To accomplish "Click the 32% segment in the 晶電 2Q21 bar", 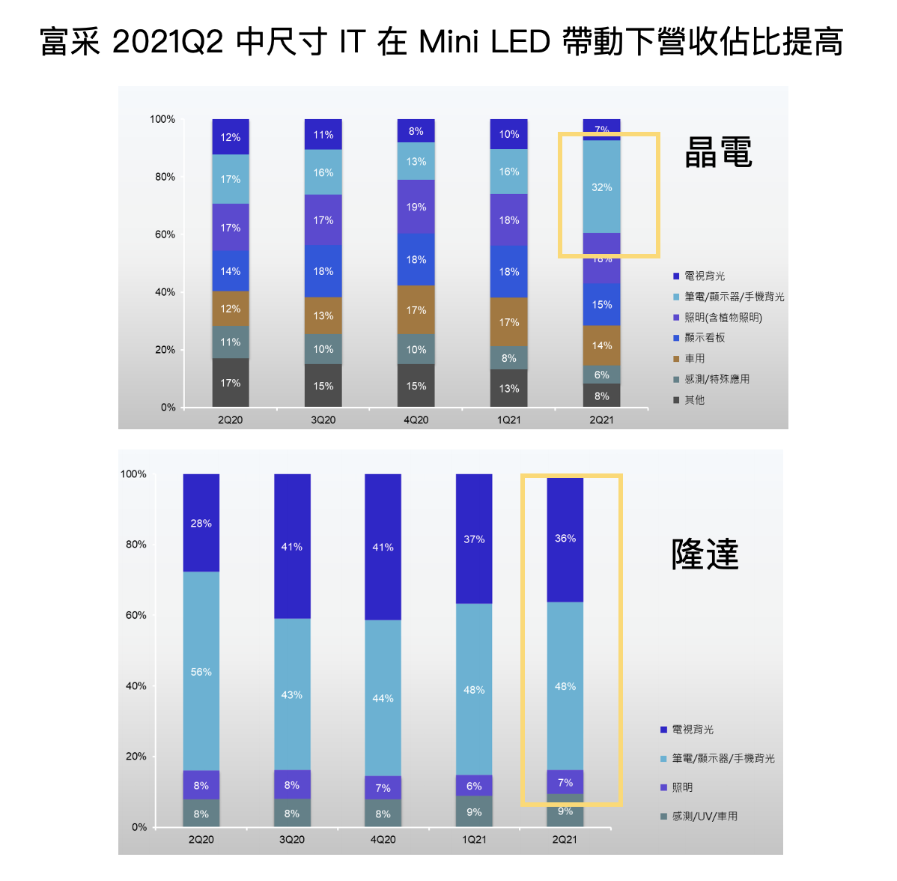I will [602, 187].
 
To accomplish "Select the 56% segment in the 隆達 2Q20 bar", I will [201, 671].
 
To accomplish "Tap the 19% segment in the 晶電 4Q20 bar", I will [416, 207].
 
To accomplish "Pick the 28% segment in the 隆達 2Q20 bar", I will [201, 523].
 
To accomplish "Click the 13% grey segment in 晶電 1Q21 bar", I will [509, 389].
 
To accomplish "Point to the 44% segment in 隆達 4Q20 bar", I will [383, 698].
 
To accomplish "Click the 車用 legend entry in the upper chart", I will [694, 359].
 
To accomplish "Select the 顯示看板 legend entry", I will [705, 338].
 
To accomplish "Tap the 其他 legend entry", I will [694, 400].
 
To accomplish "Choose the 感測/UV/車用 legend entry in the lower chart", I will [704, 817].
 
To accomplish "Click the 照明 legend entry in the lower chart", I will [682, 787].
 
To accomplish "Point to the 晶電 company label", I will [718, 153].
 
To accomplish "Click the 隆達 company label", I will [705, 554].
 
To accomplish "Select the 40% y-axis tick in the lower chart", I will [136, 685].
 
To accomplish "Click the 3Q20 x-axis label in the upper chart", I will [323, 420].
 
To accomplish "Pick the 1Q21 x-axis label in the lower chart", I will [474, 840].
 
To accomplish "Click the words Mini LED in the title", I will [485, 42].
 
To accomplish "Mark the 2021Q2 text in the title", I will [168, 42].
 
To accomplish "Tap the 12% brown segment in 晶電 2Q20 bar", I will [231, 309].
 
